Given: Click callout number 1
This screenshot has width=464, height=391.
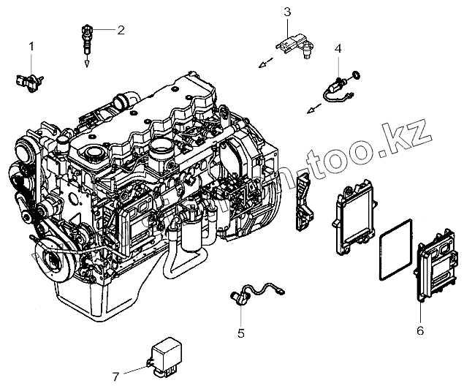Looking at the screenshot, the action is (x=31, y=47).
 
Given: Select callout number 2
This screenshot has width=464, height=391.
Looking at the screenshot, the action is (x=121, y=30).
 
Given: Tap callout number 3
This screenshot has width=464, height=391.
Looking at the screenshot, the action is (x=287, y=11).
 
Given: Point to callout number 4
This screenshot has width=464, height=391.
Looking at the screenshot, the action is (x=338, y=48).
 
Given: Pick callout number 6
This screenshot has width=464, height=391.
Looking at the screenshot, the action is (x=420, y=330).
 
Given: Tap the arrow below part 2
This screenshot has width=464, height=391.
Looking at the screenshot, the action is (x=86, y=63).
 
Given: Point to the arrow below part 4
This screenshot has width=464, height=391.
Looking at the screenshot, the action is (x=312, y=110).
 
